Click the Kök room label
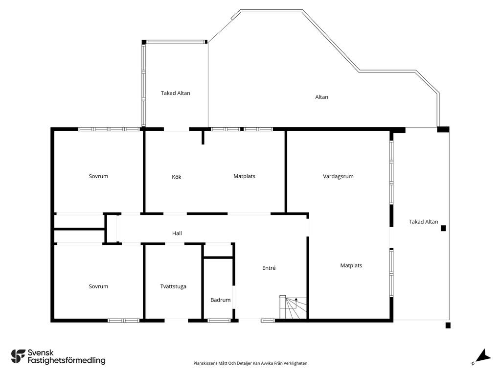[x=176, y=177]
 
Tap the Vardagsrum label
[x=338, y=176]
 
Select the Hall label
[x=177, y=233]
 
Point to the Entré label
[x=269, y=268]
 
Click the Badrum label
[x=221, y=300]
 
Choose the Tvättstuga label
[x=173, y=286]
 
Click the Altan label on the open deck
[x=321, y=97]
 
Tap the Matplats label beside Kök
[x=245, y=176]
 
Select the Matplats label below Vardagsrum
[x=351, y=265]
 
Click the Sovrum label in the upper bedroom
[x=98, y=176]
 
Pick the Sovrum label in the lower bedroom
[x=98, y=286]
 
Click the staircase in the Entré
[x=293, y=307]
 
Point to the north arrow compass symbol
[x=482, y=356]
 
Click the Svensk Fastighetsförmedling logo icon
[x=18, y=356]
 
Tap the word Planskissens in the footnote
[x=205, y=363]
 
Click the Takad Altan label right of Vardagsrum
[x=423, y=222]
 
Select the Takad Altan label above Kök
[x=176, y=93]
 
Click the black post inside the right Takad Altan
[x=443, y=228]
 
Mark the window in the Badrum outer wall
[x=219, y=320]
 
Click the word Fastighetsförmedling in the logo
[x=67, y=360]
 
